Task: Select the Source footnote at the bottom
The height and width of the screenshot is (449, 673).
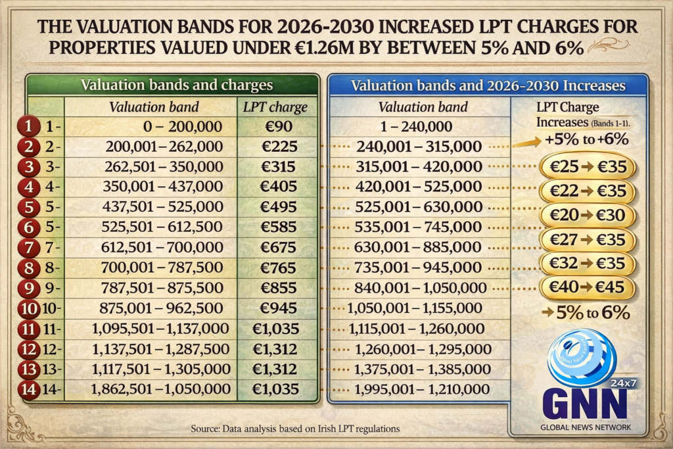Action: pyautogui.click(x=295, y=429)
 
